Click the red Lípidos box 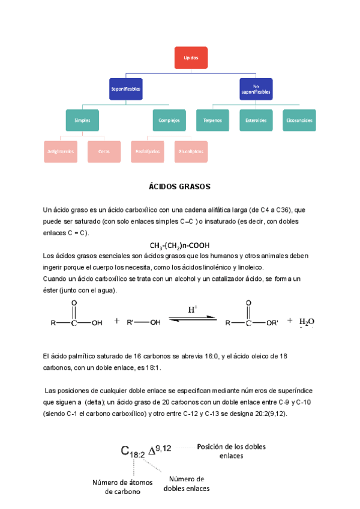click(191, 57)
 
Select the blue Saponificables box click(126, 89)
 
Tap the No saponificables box click(256, 89)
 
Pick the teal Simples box click(82, 120)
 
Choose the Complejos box click(169, 120)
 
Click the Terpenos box click(212, 120)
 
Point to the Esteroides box click(256, 120)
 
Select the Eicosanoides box click(299, 120)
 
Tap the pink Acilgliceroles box click(61, 151)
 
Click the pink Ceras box click(104, 151)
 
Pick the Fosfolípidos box click(148, 151)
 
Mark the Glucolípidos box click(191, 151)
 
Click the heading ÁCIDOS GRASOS click(179, 187)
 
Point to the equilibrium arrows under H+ click(191, 320)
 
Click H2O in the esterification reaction click(307, 322)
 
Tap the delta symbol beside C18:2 click(151, 451)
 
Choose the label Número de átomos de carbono click(122, 487)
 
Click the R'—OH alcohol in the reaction click(144, 322)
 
